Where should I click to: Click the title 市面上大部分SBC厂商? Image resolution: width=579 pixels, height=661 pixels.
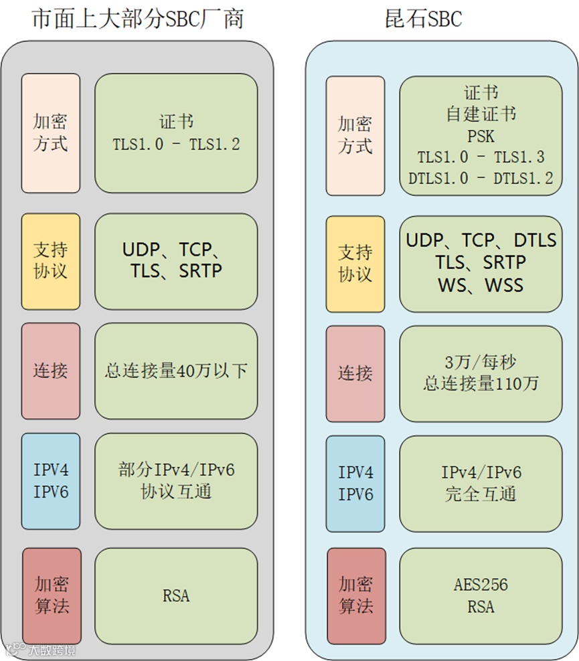(x=137, y=19)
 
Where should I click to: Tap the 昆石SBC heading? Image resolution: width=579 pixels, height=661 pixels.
(x=424, y=19)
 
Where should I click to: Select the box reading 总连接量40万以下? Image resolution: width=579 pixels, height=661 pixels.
(x=176, y=371)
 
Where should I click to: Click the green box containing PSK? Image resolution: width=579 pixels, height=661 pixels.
(x=481, y=136)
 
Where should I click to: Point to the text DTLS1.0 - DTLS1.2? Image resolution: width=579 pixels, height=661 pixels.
(x=481, y=178)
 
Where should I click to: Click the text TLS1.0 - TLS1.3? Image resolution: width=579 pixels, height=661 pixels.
(x=481, y=157)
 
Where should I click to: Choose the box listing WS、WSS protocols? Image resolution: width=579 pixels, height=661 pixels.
(x=481, y=263)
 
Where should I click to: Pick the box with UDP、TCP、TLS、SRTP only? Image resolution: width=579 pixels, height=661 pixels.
(x=176, y=261)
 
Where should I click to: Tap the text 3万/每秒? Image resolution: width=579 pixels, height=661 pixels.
(x=481, y=363)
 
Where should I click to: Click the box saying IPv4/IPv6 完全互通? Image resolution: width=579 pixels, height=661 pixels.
(x=481, y=483)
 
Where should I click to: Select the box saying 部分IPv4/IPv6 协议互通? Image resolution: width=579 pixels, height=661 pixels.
(x=176, y=480)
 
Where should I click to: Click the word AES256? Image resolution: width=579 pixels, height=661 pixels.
(x=481, y=585)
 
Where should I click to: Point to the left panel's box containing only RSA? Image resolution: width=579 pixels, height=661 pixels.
(x=176, y=595)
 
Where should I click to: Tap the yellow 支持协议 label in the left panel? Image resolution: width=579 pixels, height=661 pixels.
(x=51, y=261)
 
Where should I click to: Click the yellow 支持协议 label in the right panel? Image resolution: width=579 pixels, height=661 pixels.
(x=355, y=263)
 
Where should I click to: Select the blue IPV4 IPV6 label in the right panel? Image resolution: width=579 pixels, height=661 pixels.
(x=355, y=483)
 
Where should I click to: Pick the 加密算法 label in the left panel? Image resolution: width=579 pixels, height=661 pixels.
(x=52, y=595)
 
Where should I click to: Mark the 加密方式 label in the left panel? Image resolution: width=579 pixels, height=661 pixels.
(x=51, y=133)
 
